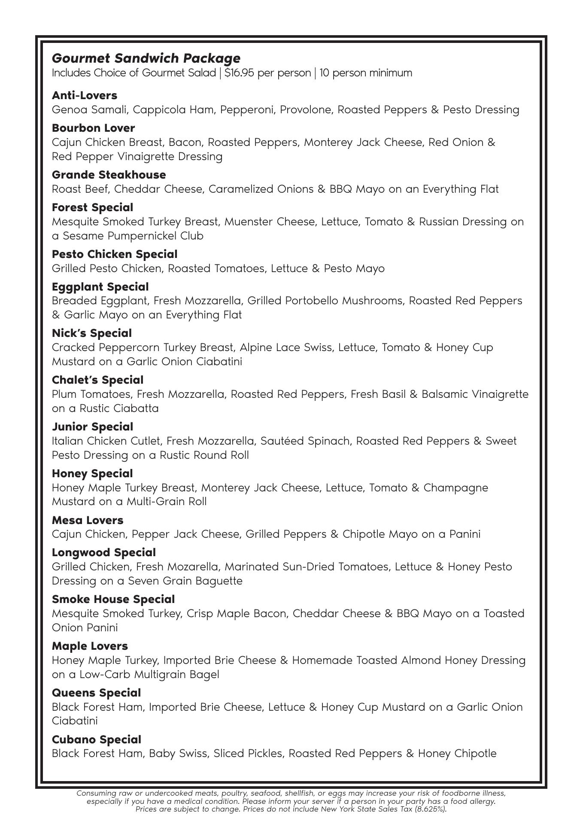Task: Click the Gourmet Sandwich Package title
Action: click(146, 58)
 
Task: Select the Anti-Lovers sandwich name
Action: click(85, 95)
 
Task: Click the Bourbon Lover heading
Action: click(93, 128)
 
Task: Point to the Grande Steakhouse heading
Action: click(109, 175)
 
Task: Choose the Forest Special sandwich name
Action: click(92, 207)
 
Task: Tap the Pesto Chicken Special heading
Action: click(114, 254)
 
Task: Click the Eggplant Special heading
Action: click(100, 287)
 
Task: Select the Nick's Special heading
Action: click(91, 333)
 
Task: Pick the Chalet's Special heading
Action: click(97, 380)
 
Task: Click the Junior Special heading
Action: click(92, 427)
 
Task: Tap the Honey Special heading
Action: click(92, 473)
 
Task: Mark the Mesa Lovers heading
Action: click(88, 520)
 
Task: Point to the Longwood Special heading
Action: click(103, 552)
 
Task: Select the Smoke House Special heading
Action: click(113, 599)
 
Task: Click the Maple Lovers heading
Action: click(90, 646)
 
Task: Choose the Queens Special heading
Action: click(96, 693)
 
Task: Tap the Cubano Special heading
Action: click(96, 739)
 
